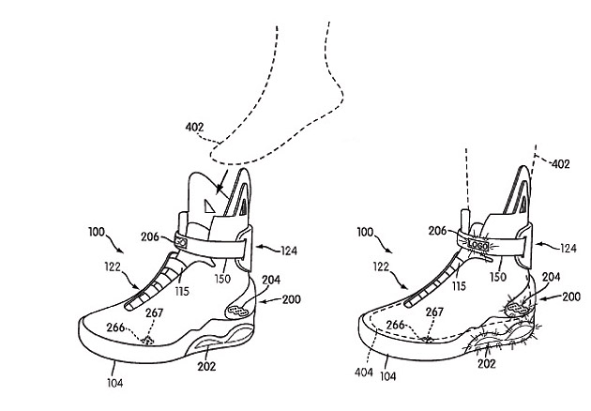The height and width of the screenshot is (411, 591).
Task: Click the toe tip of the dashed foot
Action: (214, 145)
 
